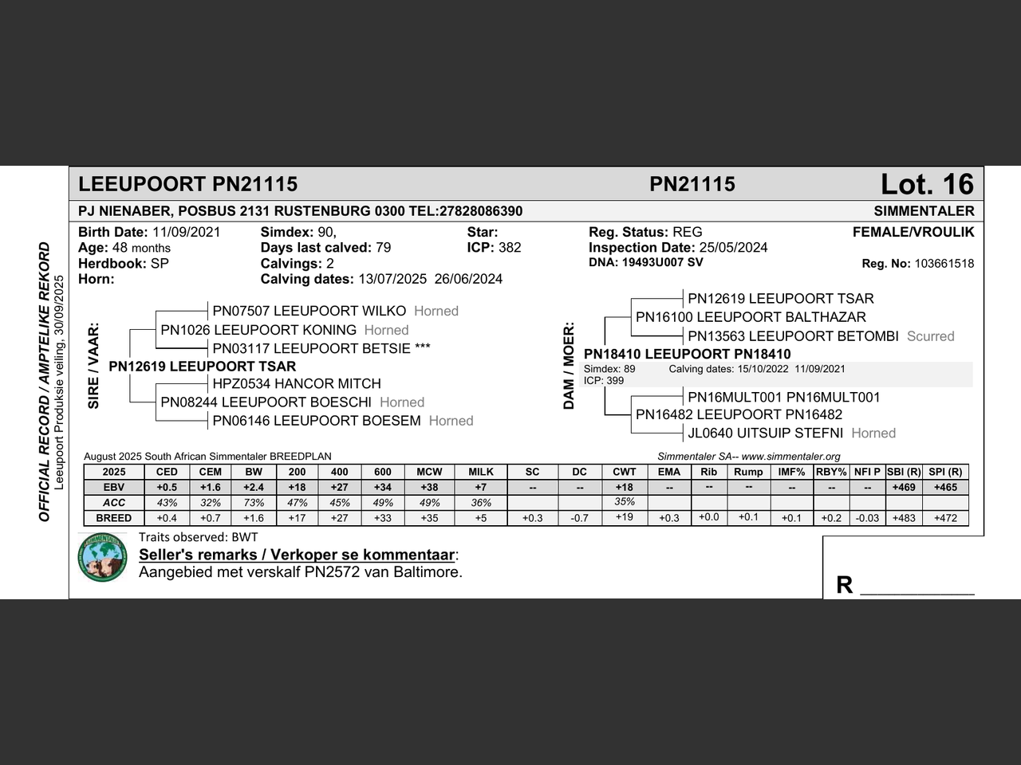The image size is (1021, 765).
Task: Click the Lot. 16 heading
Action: tap(927, 185)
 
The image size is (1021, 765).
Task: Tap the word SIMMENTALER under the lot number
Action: tap(924, 211)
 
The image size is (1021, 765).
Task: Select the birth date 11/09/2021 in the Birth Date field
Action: tap(186, 233)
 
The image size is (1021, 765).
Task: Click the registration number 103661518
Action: tap(944, 264)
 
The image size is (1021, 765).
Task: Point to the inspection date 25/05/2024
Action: tap(733, 248)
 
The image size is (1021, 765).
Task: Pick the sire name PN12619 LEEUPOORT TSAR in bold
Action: tap(202, 367)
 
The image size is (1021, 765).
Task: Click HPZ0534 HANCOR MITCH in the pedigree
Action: tap(297, 384)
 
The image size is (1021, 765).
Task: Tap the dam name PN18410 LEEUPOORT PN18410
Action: tap(687, 355)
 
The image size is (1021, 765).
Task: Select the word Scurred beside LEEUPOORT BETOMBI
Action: tap(930, 336)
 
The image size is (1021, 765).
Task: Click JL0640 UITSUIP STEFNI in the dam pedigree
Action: tap(765, 433)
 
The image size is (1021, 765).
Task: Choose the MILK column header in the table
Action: tap(481, 472)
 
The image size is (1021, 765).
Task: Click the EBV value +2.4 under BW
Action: tap(254, 487)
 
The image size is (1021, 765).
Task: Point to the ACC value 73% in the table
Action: tap(254, 503)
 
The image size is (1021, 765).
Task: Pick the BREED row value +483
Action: tap(904, 518)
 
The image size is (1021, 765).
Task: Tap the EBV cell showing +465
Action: tap(945, 487)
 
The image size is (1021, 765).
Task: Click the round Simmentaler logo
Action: tap(103, 557)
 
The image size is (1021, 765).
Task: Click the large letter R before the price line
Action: tap(844, 585)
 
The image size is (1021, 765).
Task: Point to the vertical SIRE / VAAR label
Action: tap(93, 366)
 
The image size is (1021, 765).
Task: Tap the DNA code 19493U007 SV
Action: tap(661, 262)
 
